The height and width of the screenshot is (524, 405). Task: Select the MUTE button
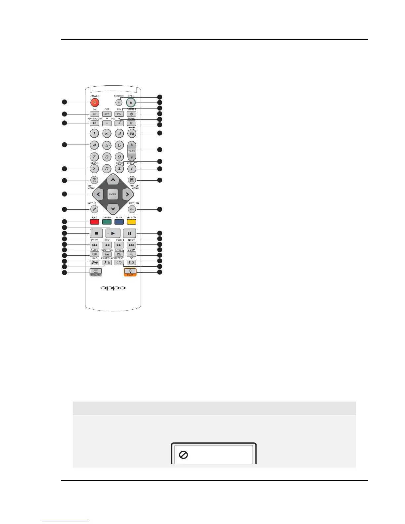pos(131,123)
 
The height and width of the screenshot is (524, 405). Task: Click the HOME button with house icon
pos(132,134)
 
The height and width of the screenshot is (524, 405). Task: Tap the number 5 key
pos(107,145)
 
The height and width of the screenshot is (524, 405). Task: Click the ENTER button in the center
pos(113,195)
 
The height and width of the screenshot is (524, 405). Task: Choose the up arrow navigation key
pos(113,180)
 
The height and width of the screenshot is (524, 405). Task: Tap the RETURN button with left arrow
pos(132,209)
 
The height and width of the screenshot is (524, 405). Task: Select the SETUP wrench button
pos(94,209)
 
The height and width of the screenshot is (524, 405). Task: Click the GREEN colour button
pos(107,222)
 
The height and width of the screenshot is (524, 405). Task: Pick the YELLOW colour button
pos(131,222)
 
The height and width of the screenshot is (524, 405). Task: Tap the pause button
pos(129,233)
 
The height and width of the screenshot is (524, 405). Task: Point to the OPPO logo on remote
pos(113,288)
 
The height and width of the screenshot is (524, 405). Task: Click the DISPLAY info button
pos(132,169)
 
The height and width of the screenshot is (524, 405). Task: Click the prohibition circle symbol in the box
pos(183,455)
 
